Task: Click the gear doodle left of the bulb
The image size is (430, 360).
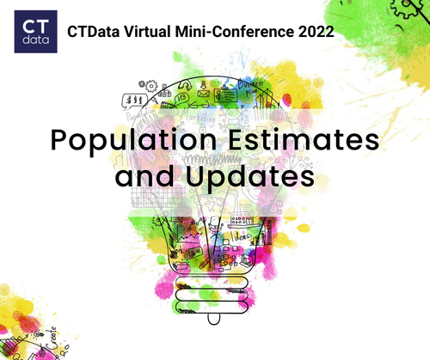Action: click(x=151, y=86)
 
